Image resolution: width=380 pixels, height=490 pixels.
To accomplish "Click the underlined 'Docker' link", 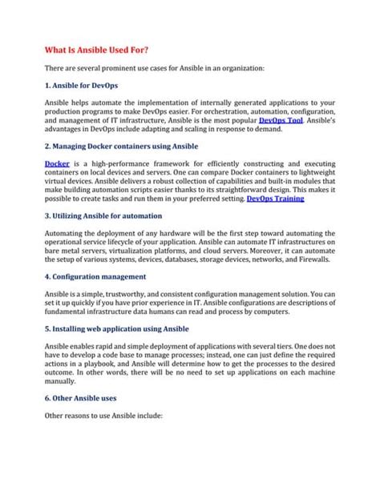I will tap(56, 163).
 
